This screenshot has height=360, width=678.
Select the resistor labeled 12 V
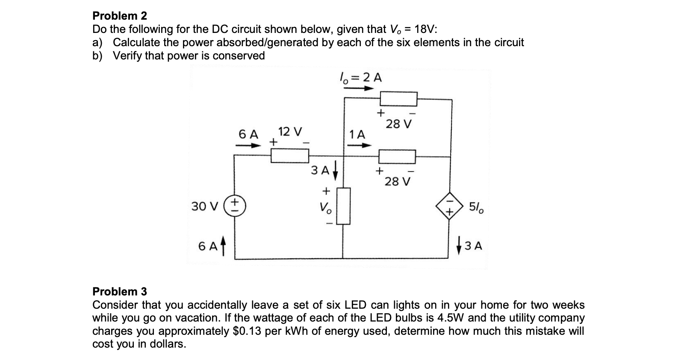(x=290, y=156)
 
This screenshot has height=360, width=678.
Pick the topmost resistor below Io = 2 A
(x=398, y=99)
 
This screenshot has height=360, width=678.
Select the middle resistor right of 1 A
(x=397, y=156)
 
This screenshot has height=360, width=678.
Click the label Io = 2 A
(x=360, y=78)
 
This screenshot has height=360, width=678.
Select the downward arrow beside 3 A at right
(x=459, y=246)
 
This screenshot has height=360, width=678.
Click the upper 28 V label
(x=399, y=124)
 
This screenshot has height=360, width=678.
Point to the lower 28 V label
(x=397, y=182)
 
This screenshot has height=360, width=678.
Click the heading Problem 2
(x=120, y=16)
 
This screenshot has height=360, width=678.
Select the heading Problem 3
(x=120, y=292)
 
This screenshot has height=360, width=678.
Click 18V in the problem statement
(x=425, y=29)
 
